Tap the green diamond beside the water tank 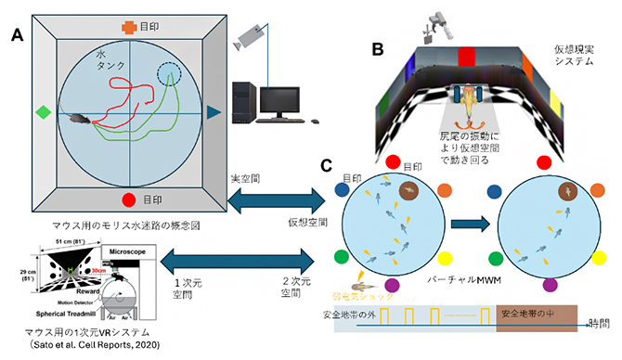tap(41, 112)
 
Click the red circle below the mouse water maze tap(128, 199)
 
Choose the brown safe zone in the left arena tap(408, 192)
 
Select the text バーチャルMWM tap(473, 278)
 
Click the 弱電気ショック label tap(382, 298)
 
